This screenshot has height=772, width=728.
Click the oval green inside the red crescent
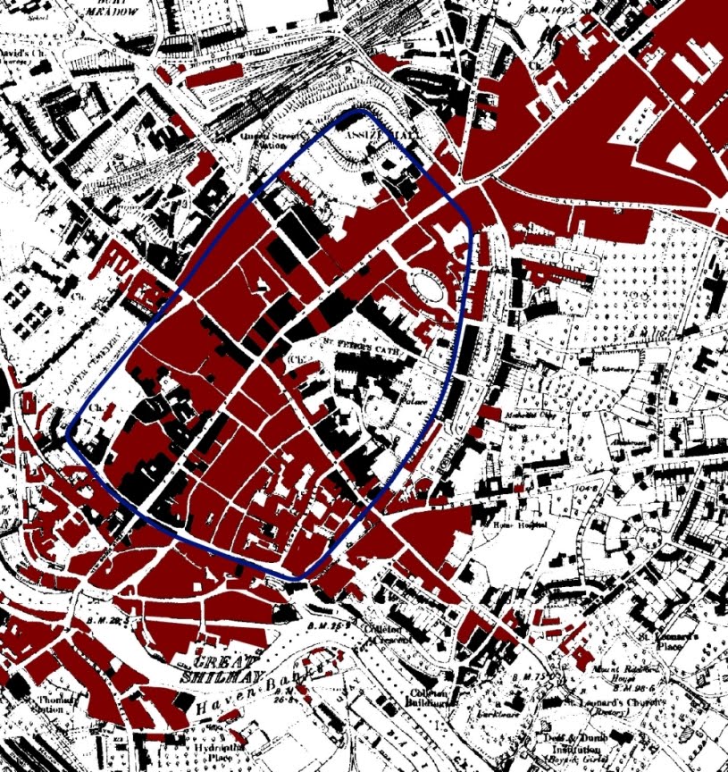point(428,288)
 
